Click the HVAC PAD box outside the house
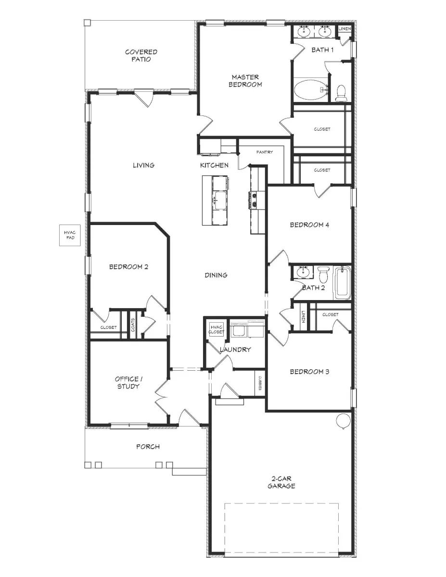coord(70,235)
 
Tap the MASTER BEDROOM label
coord(245,81)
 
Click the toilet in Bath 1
coord(341,93)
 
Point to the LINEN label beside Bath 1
coord(344,29)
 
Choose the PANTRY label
coord(264,152)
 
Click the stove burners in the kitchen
coord(253,200)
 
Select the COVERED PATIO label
coord(141,56)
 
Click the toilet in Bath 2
coord(323,275)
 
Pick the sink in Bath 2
coord(303,273)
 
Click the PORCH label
coord(148,447)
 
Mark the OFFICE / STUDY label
coord(127,382)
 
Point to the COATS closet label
coord(133,326)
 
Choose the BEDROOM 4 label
coord(309,225)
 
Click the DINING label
coord(216,275)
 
